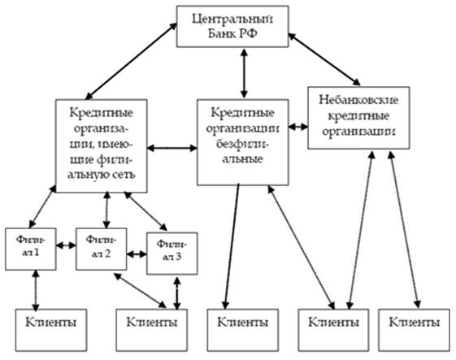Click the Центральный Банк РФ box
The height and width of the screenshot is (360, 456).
point(232,27)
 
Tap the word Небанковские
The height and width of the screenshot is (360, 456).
point(358,100)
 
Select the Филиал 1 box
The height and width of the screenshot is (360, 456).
point(31,249)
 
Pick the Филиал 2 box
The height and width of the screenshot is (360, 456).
point(102,249)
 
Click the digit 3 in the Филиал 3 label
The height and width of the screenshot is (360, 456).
point(178,257)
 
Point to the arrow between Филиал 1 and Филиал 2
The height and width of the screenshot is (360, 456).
point(66,245)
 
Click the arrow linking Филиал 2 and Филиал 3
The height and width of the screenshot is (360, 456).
point(137,254)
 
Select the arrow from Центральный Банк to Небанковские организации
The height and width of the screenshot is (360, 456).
point(324,59)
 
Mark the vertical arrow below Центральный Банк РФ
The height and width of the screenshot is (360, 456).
point(244,73)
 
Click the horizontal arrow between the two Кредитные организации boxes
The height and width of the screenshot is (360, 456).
point(172,148)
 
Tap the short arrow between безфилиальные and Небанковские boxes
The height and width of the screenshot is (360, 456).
point(298,127)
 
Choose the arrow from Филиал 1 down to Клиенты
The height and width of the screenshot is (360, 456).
point(36,291)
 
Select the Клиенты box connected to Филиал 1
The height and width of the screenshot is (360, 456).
point(51,330)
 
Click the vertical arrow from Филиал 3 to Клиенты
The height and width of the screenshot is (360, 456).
point(177,293)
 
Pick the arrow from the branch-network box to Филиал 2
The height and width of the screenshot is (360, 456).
point(106,210)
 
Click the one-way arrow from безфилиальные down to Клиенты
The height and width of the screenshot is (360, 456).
point(232,246)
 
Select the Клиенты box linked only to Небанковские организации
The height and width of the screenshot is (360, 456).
point(414,330)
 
